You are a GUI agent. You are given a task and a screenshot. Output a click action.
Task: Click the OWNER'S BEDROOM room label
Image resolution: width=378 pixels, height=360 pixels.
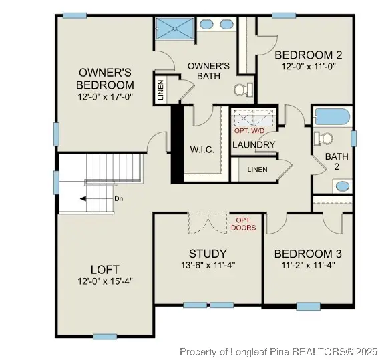click(106, 79)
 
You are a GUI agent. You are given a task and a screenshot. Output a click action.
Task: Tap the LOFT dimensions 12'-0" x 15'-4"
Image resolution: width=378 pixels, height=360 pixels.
click(105, 281)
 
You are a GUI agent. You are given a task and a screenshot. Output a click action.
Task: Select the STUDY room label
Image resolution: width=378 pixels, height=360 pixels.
click(208, 254)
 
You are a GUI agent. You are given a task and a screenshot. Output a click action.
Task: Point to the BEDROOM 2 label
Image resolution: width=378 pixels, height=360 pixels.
click(309, 55)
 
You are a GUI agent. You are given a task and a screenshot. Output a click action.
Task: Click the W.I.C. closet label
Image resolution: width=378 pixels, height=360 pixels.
click(202, 150)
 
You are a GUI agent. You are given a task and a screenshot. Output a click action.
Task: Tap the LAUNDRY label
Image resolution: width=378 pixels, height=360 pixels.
click(254, 144)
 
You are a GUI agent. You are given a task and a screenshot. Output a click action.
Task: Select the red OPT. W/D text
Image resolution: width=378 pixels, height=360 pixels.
click(253, 130)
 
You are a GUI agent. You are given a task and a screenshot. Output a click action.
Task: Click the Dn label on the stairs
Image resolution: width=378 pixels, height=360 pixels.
click(100, 199)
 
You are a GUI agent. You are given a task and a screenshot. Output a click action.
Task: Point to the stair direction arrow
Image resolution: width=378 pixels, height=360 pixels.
click(83, 199)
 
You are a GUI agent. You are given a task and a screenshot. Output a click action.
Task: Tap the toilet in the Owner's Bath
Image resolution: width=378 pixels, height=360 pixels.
click(242, 89)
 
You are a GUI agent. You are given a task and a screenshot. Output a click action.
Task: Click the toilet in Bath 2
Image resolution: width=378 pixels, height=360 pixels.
click(325, 139)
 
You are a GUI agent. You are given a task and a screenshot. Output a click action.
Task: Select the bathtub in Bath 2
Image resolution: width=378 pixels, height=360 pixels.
click(332, 118)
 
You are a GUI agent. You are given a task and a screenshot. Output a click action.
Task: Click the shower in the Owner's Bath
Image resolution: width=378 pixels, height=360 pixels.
click(175, 28)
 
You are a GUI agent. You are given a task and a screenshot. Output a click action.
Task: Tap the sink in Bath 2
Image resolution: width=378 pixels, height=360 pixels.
click(341, 186)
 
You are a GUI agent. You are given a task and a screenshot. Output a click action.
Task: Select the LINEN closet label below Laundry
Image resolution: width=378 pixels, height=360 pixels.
click(257, 170)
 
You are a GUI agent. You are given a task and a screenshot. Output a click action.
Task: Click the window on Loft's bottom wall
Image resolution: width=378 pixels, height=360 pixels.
click(106, 336)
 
